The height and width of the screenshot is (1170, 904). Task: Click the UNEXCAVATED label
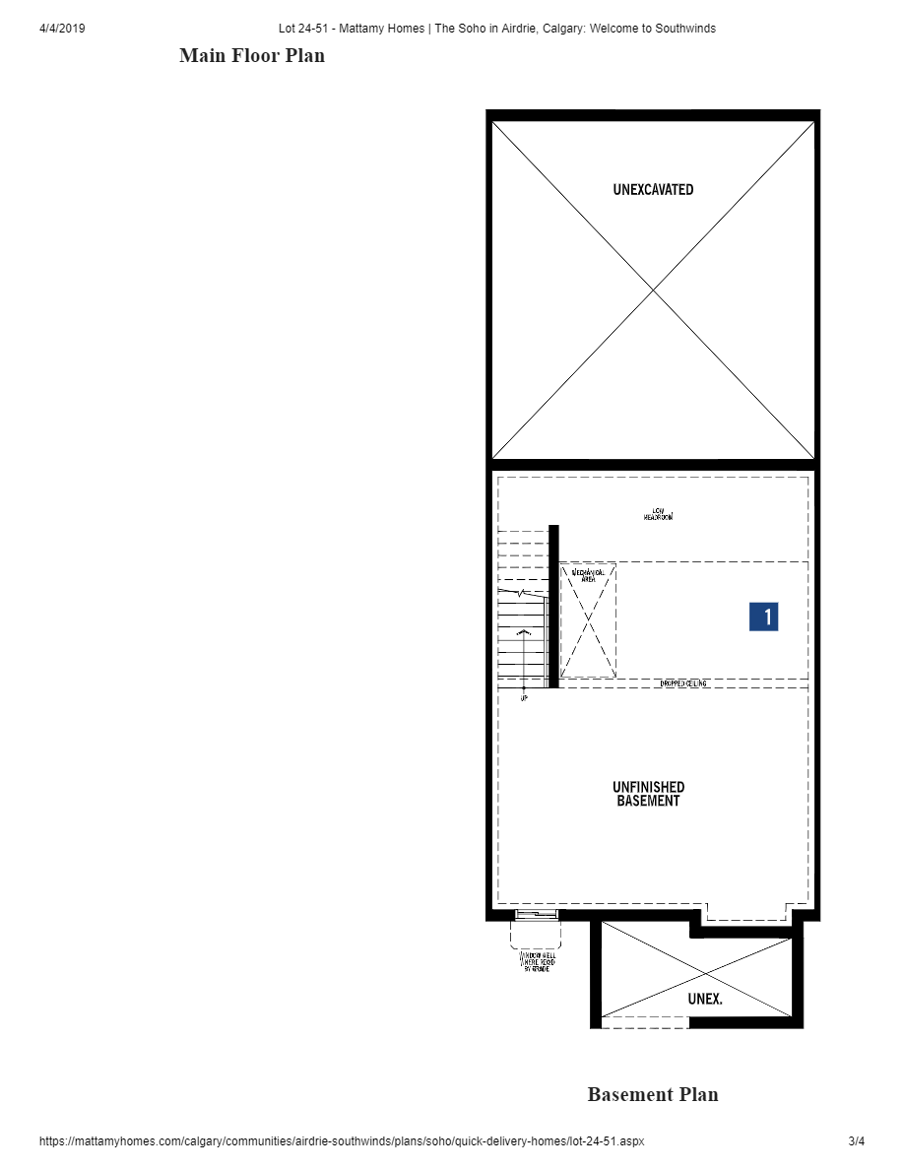pyautogui.click(x=653, y=189)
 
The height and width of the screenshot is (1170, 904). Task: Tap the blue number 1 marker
pyautogui.click(x=763, y=617)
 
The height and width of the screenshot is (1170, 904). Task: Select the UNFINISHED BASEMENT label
pyautogui.click(x=648, y=794)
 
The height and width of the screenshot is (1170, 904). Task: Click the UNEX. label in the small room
pyautogui.click(x=704, y=999)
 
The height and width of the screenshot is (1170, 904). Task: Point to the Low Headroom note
pyautogui.click(x=658, y=514)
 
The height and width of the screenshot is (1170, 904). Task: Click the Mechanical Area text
pyautogui.click(x=588, y=575)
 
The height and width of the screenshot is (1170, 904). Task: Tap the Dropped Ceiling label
pyautogui.click(x=682, y=683)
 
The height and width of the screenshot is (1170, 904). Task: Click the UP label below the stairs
pyautogui.click(x=523, y=698)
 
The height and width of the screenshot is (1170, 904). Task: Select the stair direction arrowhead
pyautogui.click(x=523, y=631)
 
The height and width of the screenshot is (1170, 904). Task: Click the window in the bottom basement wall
pyautogui.click(x=535, y=916)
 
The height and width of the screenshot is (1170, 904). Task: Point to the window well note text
pyautogui.click(x=537, y=962)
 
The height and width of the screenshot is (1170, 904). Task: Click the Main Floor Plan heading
pyautogui.click(x=252, y=56)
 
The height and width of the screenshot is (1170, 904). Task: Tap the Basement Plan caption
pyautogui.click(x=653, y=1094)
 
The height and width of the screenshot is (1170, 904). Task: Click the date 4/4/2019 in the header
pyautogui.click(x=62, y=29)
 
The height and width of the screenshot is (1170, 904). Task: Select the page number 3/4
pyautogui.click(x=856, y=1141)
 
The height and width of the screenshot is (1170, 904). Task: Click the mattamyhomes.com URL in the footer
pyautogui.click(x=342, y=1141)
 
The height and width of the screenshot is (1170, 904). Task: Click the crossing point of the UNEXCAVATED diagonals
pyautogui.click(x=653, y=290)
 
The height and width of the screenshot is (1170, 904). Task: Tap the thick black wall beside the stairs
pyautogui.click(x=553, y=606)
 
